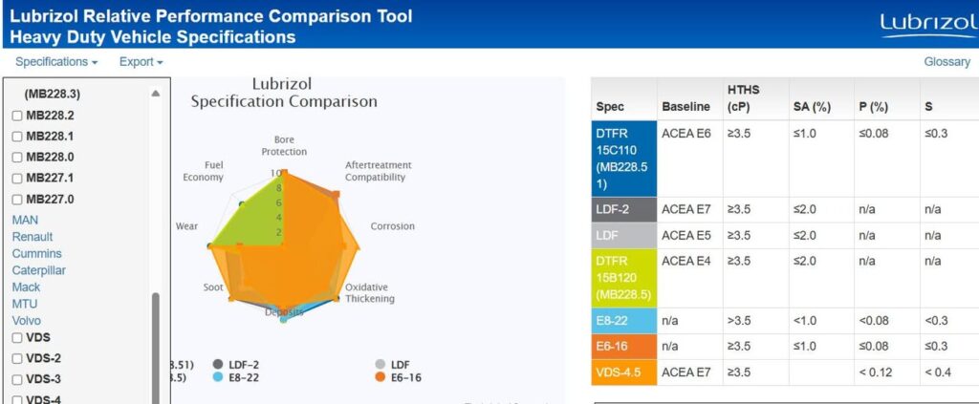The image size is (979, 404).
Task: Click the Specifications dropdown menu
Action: click(x=56, y=62)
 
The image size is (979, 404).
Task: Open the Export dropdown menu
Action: click(x=141, y=62)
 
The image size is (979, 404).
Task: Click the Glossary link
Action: click(x=946, y=62)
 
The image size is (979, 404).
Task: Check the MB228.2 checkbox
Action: click(x=17, y=116)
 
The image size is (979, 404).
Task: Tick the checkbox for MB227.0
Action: click(x=17, y=200)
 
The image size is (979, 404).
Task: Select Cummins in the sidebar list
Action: click(x=36, y=254)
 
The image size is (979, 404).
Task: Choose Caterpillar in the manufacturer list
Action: click(x=38, y=270)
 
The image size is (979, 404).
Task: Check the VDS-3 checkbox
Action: click(x=17, y=379)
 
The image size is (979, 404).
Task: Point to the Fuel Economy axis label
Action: click(x=203, y=171)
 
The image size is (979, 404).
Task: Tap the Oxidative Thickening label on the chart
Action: click(x=369, y=293)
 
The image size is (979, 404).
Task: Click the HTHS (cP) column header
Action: click(x=744, y=98)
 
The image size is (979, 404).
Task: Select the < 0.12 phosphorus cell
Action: click(x=877, y=372)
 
